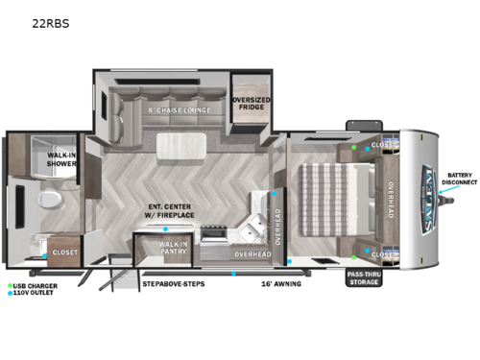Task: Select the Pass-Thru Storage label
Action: (364, 278)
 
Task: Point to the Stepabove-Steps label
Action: (174, 283)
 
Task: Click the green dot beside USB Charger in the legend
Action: (9, 285)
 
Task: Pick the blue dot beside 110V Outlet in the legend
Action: (9, 294)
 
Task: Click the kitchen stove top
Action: (215, 232)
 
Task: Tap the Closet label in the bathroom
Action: (65, 252)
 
